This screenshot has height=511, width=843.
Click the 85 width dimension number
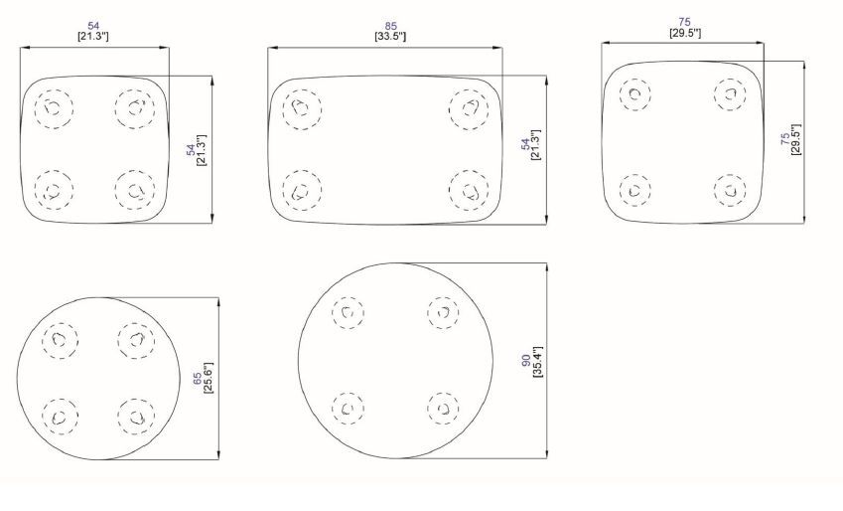(x=391, y=26)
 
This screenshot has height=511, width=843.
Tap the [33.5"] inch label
(x=390, y=37)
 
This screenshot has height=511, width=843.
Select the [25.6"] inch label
(x=209, y=378)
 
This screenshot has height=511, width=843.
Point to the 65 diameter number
(x=198, y=379)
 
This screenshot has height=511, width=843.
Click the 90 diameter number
(x=526, y=361)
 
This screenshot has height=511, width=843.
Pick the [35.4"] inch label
(x=537, y=362)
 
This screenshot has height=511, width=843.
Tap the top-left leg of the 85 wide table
(x=302, y=109)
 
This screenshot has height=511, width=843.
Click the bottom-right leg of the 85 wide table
(x=469, y=191)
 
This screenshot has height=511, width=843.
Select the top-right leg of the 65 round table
(x=137, y=340)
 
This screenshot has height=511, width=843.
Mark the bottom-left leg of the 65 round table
(x=61, y=417)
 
